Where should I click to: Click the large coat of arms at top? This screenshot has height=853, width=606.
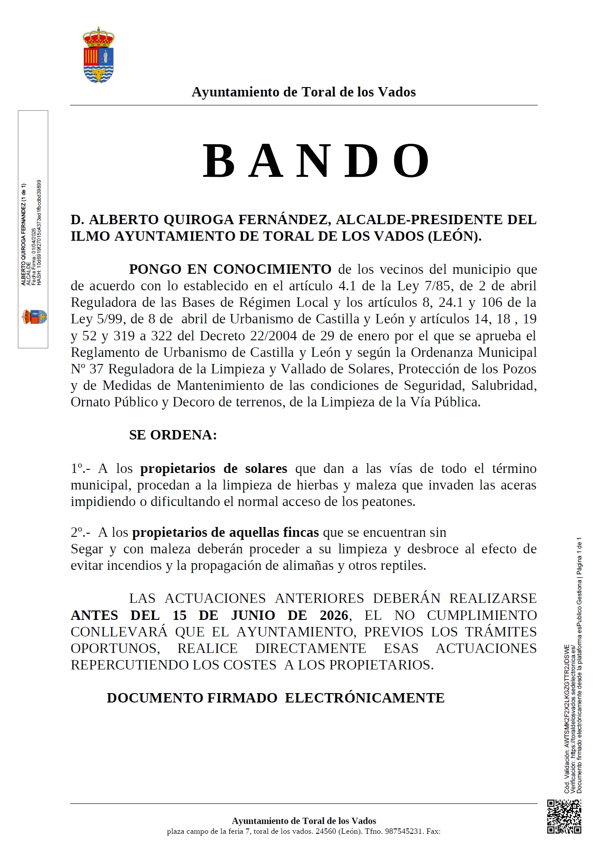click(x=99, y=55)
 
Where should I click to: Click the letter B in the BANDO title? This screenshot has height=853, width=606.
click(x=219, y=161)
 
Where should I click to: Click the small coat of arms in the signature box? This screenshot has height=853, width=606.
click(x=34, y=317)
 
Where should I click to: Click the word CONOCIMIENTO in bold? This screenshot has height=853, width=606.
click(x=272, y=269)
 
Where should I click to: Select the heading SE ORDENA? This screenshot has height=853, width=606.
click(x=173, y=435)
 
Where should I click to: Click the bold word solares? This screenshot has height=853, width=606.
click(x=266, y=468)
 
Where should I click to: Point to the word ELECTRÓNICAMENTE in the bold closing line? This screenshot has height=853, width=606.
click(x=364, y=698)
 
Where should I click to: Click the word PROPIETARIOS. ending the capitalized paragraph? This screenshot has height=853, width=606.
click(x=381, y=665)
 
